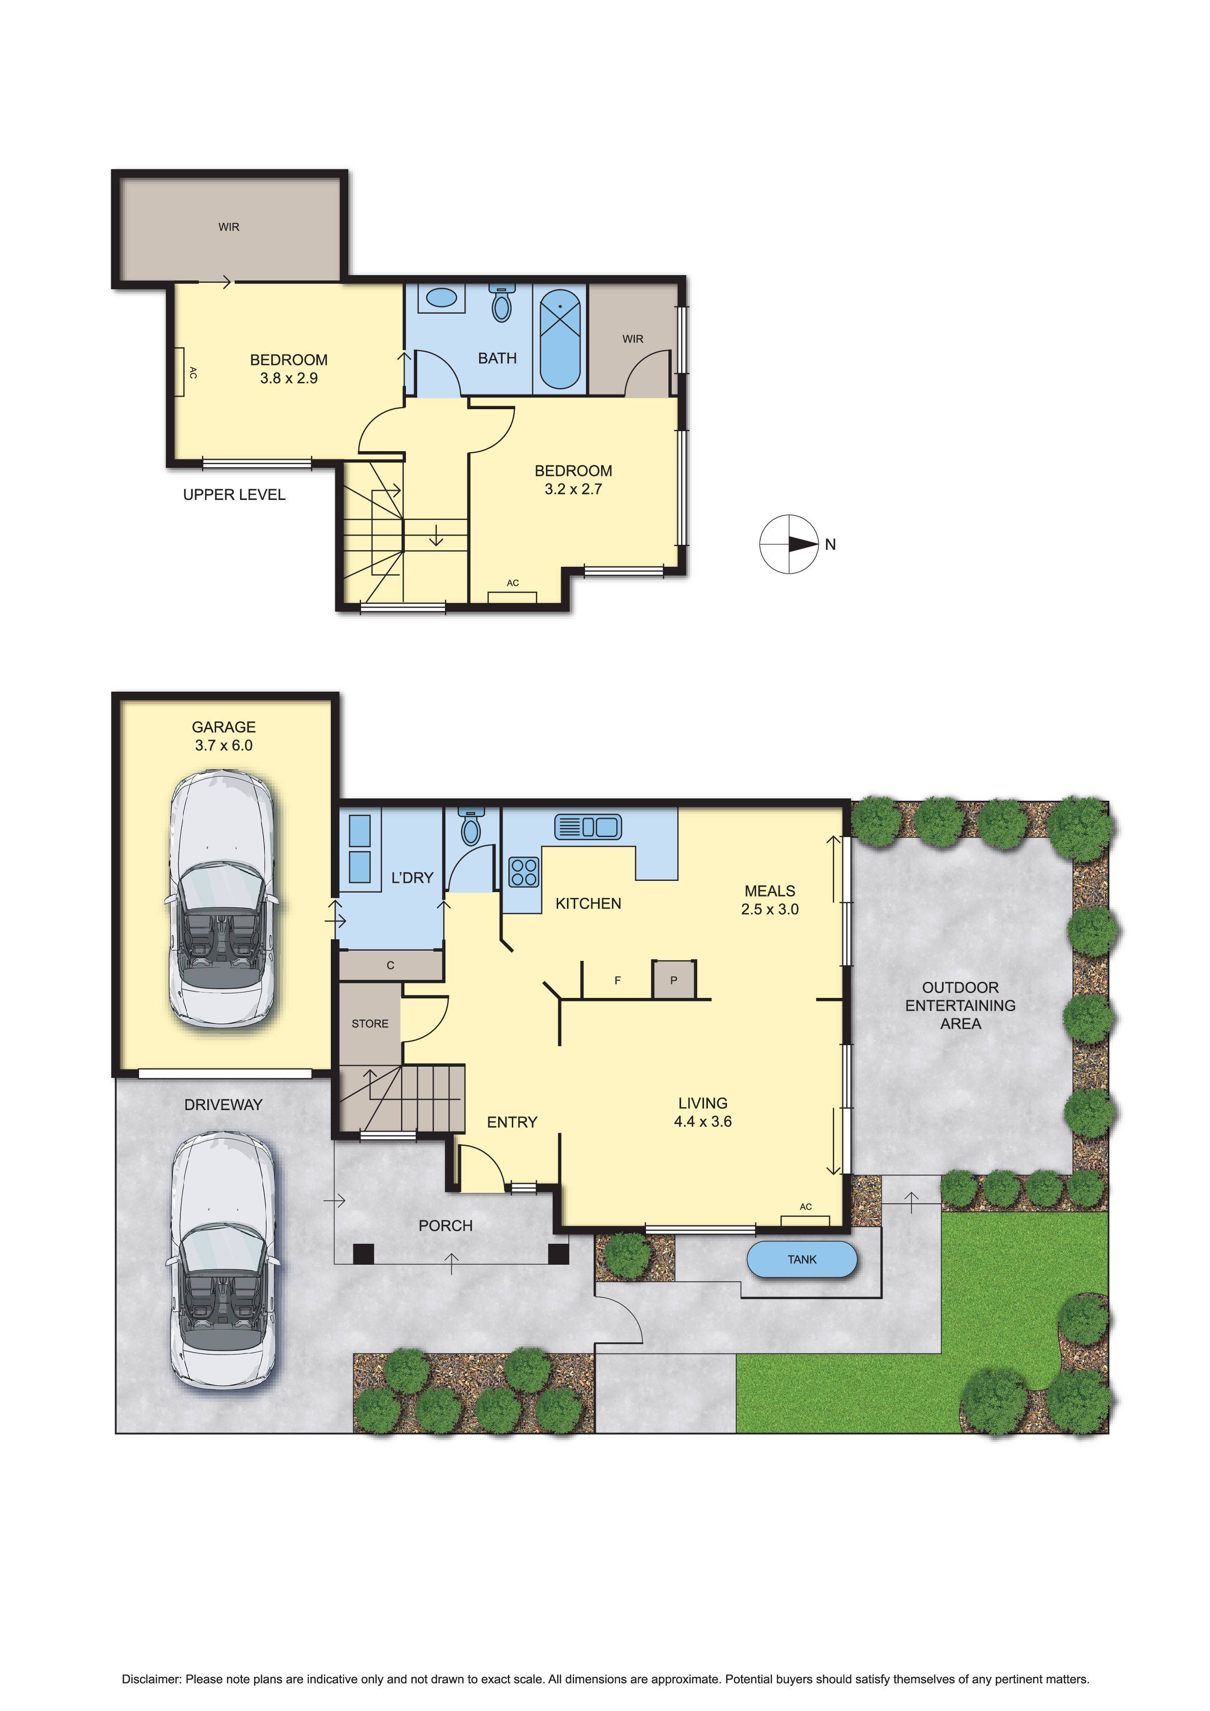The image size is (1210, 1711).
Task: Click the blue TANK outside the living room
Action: point(802,1259)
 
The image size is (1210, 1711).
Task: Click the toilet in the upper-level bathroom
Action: point(502,302)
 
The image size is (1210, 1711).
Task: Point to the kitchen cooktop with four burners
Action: point(524,872)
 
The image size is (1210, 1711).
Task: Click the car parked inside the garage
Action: point(222,900)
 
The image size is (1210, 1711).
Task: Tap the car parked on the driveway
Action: point(222,1261)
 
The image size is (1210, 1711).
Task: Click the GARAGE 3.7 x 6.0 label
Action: point(223,736)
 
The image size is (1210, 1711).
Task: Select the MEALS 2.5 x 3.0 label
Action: point(769,899)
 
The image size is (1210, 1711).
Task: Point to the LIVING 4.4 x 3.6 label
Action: point(702,1112)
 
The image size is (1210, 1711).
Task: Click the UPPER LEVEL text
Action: point(234,495)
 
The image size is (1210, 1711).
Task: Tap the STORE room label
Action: point(370,1024)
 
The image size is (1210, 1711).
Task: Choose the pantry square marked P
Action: point(674,980)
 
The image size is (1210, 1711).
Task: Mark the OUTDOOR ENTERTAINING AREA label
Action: point(960,1005)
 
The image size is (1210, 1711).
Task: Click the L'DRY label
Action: point(412,878)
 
